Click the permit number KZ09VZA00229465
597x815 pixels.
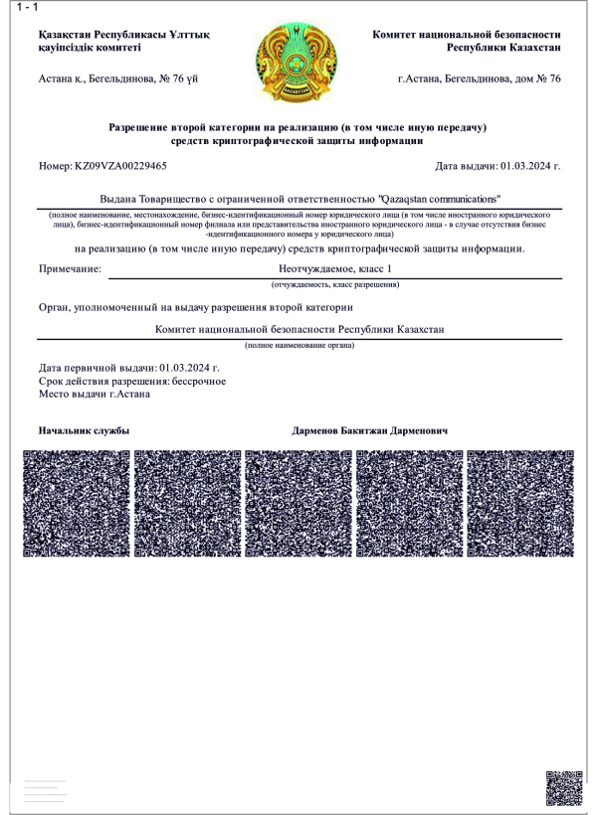[120, 166]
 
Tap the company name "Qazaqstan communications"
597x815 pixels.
[439, 199]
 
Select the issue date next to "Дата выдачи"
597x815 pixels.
[530, 166]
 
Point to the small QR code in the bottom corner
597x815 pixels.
[563, 788]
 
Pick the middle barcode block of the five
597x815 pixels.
[298, 503]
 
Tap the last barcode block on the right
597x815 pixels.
[519, 503]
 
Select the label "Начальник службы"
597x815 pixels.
[84, 432]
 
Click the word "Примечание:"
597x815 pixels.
[70, 268]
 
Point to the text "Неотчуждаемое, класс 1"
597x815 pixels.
[336, 268]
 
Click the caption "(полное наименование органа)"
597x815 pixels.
[300, 345]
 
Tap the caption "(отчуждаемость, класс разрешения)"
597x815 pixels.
[336, 285]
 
